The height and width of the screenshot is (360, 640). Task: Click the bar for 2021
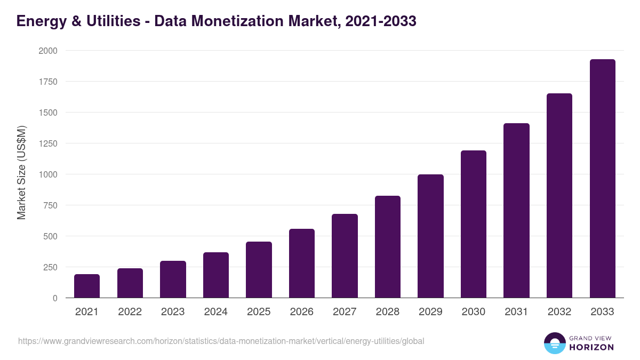point(87,286)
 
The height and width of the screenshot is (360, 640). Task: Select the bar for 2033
point(602,179)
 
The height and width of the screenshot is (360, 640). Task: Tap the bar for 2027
point(345,256)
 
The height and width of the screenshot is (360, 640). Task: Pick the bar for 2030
point(474,224)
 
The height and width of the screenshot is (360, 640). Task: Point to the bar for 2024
point(216,275)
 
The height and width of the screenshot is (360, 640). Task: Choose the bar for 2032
point(559,196)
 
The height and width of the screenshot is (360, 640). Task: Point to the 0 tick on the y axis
point(55,298)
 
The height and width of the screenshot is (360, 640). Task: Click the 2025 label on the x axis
point(259,312)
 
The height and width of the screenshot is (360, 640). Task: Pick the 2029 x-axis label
point(430,312)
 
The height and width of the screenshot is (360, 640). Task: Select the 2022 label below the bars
point(130,312)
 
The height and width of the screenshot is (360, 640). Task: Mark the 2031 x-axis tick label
point(516,312)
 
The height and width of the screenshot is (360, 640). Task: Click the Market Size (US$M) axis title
point(21,173)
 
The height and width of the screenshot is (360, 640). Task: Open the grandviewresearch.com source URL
point(221,341)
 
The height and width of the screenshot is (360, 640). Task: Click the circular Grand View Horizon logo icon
point(555,343)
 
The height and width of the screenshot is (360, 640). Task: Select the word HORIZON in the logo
point(591,347)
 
